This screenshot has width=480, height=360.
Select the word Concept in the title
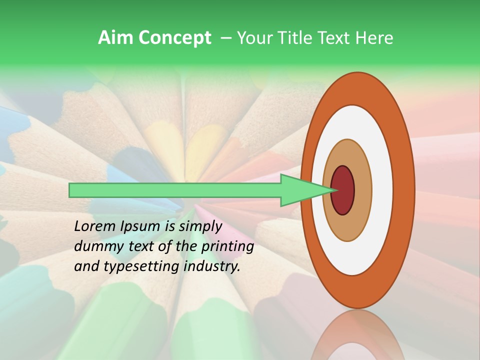[x=174, y=38]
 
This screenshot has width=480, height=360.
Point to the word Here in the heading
[x=374, y=38]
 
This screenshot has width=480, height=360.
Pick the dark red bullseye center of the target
[x=343, y=190]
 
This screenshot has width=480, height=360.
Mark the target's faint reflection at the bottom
[x=357, y=335]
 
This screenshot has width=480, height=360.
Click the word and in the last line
[x=86, y=266]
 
